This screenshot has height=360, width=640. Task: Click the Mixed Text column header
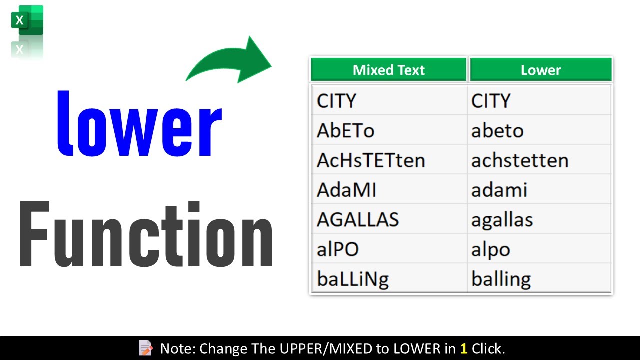coord(388,70)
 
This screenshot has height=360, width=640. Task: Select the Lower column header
coord(540,70)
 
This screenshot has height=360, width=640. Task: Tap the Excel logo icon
coord(27,21)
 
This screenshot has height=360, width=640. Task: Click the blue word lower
coord(139,124)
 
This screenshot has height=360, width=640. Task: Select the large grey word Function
coord(146,235)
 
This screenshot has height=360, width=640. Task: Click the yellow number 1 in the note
coord(463,348)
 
